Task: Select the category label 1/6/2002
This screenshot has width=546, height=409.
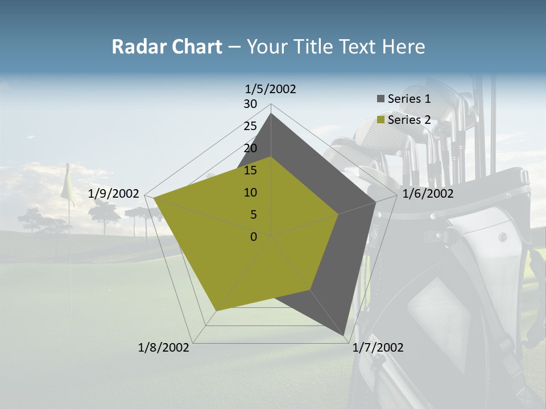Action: point(428,194)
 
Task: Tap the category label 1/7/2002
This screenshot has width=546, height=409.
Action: point(378,348)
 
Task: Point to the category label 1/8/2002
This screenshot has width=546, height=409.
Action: point(164,348)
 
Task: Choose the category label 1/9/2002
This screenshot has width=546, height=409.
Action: point(114,194)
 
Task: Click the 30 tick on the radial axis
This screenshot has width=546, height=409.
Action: point(250,104)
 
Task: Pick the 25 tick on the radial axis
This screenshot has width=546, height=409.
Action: point(250,126)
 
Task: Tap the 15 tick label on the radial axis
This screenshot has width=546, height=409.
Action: point(250,170)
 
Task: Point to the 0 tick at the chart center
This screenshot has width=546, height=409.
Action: point(254,237)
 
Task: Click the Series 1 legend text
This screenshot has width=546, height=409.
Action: point(409,99)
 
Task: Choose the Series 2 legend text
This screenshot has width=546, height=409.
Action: point(409,120)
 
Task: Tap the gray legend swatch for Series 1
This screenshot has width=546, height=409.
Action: point(380,99)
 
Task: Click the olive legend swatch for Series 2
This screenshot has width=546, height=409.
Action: point(380,120)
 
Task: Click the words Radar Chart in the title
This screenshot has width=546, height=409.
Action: point(167,47)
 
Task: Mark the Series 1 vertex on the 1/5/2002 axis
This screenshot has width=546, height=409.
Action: point(271,114)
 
